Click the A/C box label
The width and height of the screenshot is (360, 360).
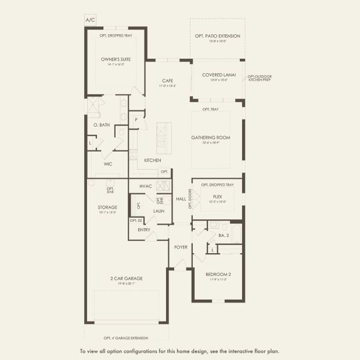tap(91, 20)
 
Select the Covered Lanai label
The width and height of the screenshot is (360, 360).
tap(217, 74)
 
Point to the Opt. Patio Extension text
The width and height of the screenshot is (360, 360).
tap(217, 36)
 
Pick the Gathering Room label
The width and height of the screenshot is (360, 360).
tap(217, 137)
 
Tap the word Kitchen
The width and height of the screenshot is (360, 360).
tap(152, 160)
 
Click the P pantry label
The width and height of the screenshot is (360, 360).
tap(137, 119)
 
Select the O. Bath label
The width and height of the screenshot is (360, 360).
tap(101, 125)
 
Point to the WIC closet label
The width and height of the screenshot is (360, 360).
tap(108, 163)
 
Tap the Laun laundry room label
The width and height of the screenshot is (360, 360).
tap(159, 211)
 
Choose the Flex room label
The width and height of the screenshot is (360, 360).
tap(217, 196)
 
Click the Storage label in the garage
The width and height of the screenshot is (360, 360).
tap(108, 207)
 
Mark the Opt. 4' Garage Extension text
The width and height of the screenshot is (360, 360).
tap(126, 337)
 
